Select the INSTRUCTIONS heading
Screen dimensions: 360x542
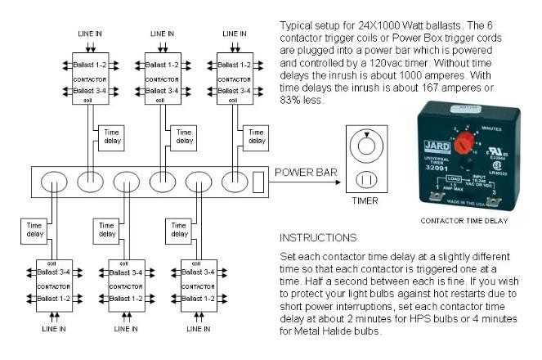(317, 237)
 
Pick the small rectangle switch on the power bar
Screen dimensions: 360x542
(258, 180)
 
